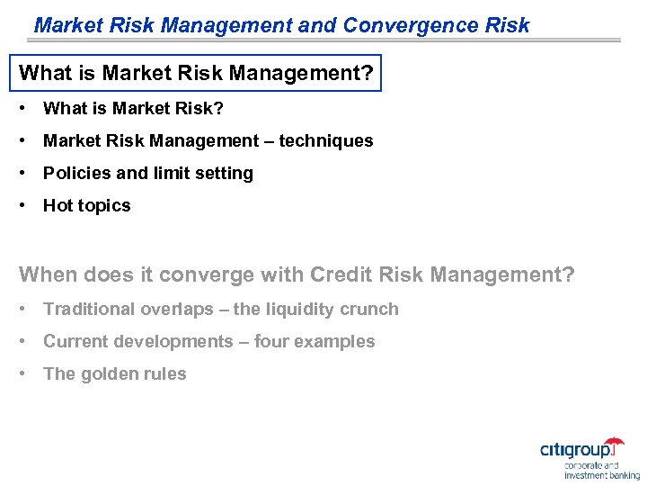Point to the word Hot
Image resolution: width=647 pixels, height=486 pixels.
click(x=58, y=206)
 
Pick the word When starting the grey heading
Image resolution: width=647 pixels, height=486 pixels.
click(x=46, y=274)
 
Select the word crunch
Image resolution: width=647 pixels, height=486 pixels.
click(x=369, y=310)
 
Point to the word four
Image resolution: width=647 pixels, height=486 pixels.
click(x=271, y=342)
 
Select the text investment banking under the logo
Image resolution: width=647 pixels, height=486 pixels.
click(x=601, y=474)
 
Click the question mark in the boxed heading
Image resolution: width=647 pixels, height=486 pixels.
click(x=366, y=72)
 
